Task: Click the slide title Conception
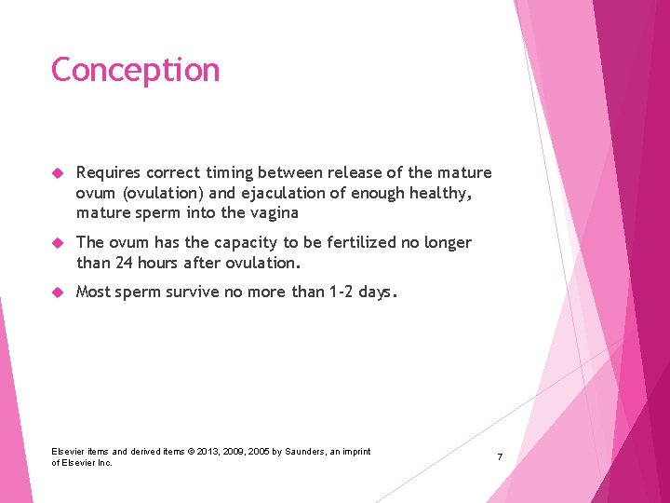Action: (x=135, y=70)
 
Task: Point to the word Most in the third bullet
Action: (x=94, y=292)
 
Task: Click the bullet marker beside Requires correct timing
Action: (x=57, y=173)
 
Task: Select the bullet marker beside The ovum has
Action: (x=57, y=243)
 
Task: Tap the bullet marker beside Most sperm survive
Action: (x=57, y=292)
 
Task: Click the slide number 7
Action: (x=500, y=457)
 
